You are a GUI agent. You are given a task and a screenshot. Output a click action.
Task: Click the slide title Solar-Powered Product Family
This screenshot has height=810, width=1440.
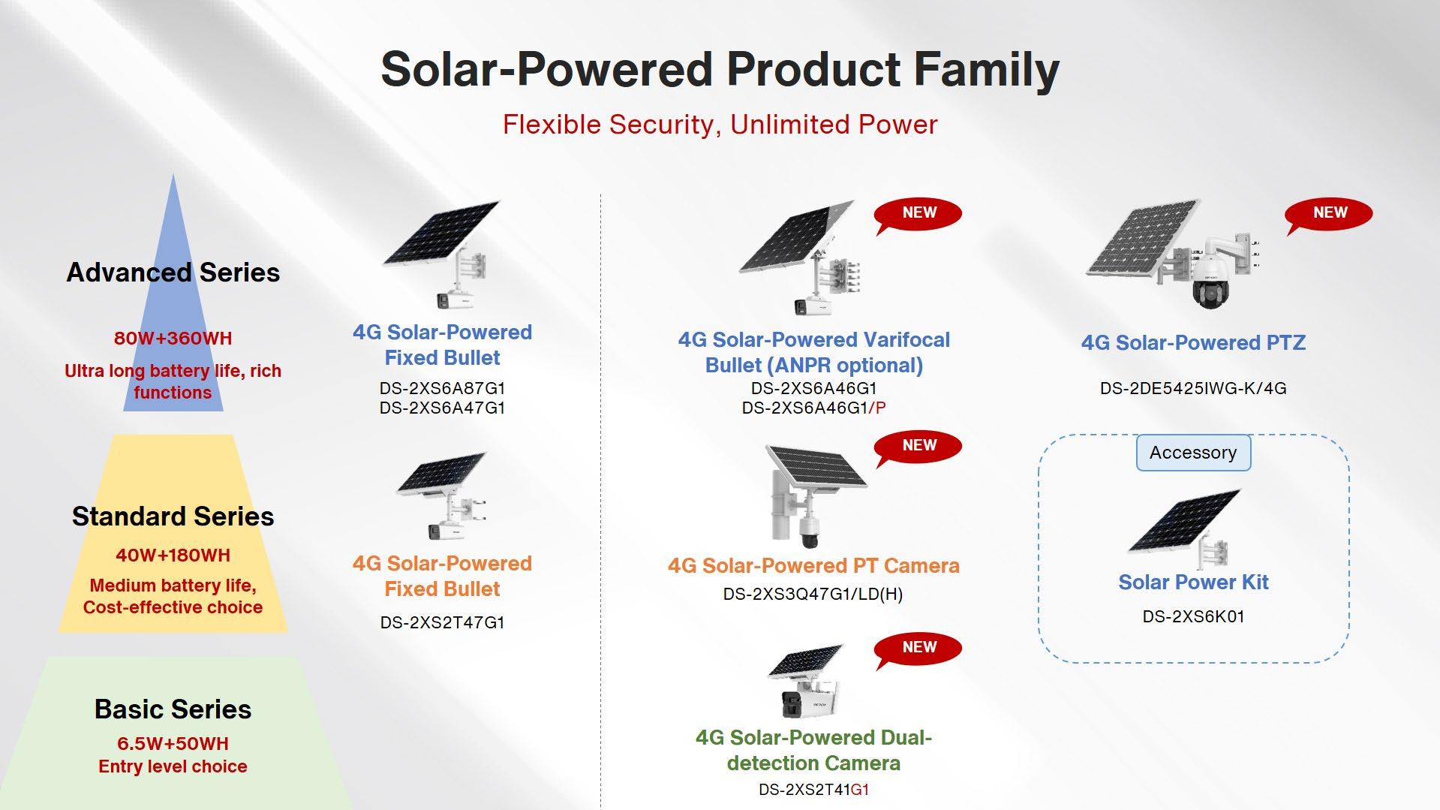point(720,70)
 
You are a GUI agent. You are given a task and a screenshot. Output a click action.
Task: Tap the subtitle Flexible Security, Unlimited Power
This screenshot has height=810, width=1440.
point(720,125)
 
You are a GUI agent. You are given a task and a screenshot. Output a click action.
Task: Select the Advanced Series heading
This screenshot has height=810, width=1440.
point(173,273)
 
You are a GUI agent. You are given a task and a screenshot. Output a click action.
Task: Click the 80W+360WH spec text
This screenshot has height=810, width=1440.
point(173,339)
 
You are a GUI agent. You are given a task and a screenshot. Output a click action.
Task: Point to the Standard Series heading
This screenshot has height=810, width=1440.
point(173,516)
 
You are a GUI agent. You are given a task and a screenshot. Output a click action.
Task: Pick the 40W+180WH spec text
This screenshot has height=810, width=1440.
point(173,556)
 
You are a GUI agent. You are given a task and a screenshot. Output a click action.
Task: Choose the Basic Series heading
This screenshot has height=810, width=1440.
point(173,709)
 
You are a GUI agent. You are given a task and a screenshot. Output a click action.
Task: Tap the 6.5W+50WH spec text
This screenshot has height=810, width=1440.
point(173,744)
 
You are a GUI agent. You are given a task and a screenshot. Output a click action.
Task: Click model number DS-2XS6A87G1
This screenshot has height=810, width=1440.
point(442,388)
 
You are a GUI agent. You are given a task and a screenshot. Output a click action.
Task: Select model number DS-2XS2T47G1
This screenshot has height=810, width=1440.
point(442,622)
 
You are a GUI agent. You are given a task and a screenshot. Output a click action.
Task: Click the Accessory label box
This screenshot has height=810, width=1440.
point(1193,453)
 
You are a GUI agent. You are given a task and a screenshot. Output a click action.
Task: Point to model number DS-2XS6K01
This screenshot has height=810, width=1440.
point(1193,616)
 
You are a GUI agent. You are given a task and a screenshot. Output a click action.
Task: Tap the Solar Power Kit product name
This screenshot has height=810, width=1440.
point(1193,583)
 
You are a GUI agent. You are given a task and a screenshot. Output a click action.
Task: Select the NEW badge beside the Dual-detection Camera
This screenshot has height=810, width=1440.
point(918,649)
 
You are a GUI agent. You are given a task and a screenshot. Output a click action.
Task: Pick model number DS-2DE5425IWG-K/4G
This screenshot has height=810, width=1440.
point(1193,388)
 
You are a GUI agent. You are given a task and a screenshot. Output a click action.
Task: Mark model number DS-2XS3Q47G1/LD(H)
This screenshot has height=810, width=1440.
point(813,595)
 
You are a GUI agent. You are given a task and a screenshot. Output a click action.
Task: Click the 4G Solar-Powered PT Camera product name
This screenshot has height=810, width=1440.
point(813,565)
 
